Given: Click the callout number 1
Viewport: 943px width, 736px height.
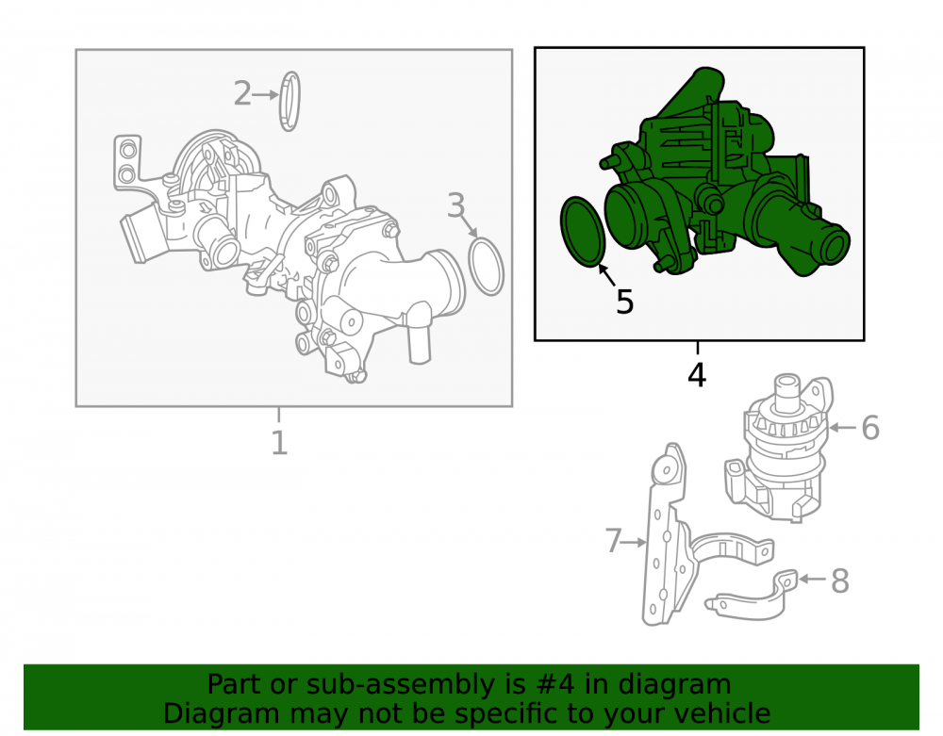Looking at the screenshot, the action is (279, 443).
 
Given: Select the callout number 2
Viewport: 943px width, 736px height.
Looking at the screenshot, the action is (242, 93).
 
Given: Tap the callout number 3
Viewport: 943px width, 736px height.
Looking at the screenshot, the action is (455, 205).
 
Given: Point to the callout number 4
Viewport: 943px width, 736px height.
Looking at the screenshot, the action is (697, 375).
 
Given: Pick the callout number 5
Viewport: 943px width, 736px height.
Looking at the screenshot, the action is (625, 301).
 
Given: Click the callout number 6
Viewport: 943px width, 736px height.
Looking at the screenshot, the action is (870, 428).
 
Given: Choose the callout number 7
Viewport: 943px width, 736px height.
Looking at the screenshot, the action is (613, 540).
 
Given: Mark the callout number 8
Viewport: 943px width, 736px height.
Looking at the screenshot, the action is (839, 581).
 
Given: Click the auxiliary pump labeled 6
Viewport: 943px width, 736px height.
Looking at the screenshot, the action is (779, 448).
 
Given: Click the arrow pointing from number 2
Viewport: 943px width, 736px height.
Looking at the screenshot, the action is (265, 95).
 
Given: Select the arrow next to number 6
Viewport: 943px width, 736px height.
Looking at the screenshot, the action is (842, 428).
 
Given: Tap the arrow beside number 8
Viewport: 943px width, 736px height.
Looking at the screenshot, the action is (812, 580).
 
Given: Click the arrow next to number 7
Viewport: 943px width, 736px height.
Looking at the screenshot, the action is (635, 543).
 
